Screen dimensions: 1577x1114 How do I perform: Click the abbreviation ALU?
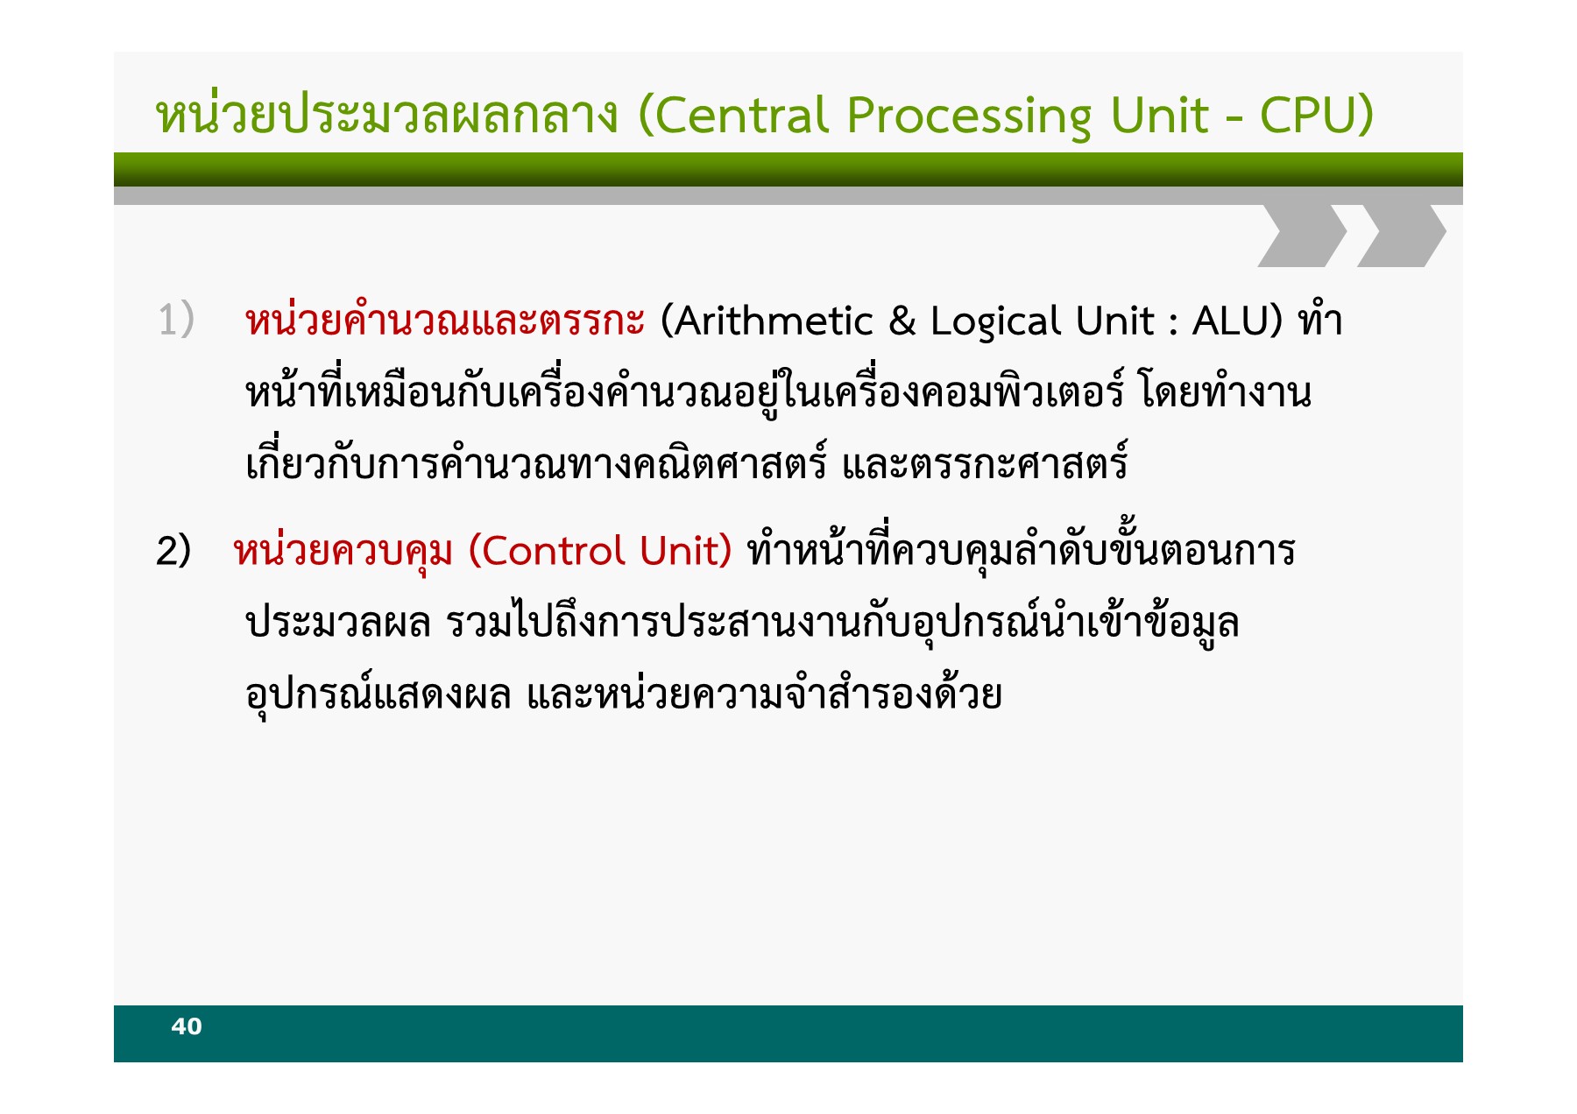click(x=1229, y=321)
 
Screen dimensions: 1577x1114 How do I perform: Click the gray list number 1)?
click(x=176, y=320)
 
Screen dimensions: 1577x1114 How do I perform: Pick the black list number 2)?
click(x=173, y=551)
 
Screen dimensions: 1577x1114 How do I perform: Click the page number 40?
click(x=187, y=1026)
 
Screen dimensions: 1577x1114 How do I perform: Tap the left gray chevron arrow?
click(x=1302, y=235)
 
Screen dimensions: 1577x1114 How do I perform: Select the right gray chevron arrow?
click(x=1402, y=235)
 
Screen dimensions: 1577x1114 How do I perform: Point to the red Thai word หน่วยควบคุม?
click(x=343, y=551)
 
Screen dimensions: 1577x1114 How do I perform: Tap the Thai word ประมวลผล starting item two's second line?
click(x=338, y=623)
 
